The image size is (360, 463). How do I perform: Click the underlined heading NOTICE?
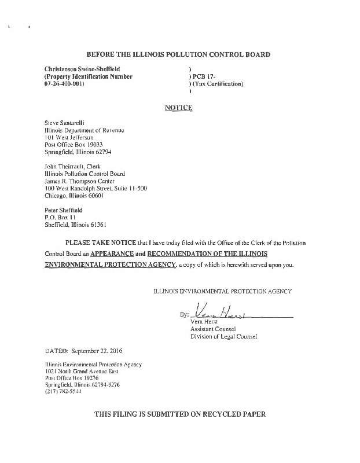click(x=178, y=108)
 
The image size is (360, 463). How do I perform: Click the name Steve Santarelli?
click(x=65, y=123)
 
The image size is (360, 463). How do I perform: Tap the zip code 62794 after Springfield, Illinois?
click(x=102, y=152)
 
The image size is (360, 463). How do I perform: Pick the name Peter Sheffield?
click(x=64, y=210)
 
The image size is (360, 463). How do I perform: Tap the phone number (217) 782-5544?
click(x=63, y=391)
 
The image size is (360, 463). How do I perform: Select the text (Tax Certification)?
click(x=218, y=84)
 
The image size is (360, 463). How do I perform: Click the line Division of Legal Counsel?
click(x=223, y=336)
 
